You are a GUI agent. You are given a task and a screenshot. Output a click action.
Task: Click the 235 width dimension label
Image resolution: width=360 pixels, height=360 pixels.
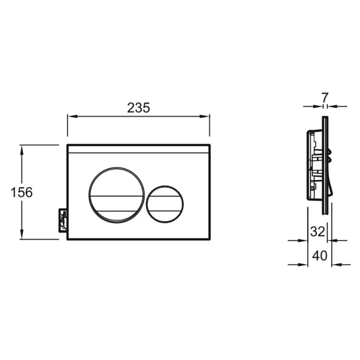point(138,107)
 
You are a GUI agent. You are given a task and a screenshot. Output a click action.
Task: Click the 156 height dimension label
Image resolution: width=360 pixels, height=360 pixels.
point(22,192)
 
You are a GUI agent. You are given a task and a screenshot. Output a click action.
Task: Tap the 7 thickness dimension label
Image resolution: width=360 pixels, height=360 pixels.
point(325,98)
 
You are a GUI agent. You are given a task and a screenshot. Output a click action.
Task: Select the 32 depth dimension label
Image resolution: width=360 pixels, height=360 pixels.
point(317,231)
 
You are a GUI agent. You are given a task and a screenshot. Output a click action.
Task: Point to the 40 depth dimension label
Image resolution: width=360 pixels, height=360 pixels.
point(319,256)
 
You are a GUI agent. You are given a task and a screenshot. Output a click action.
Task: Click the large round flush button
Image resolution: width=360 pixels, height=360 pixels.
point(117,195)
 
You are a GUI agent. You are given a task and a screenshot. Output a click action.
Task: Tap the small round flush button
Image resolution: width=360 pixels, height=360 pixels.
point(165,204)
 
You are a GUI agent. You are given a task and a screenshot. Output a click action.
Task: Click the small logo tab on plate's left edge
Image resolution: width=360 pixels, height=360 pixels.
point(63,221)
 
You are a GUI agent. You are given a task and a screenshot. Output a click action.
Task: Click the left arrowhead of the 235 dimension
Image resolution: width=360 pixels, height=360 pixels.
point(71,116)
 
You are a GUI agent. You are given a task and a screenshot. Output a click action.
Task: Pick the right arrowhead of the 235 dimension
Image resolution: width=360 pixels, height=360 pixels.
point(206,116)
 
